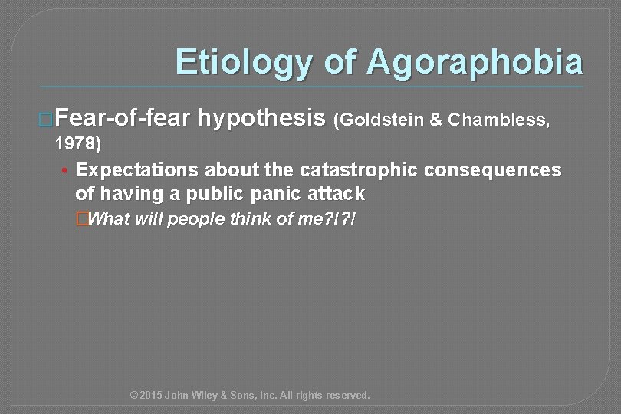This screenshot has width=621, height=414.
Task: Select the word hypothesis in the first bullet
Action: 261,119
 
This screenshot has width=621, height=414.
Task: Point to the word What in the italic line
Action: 110,220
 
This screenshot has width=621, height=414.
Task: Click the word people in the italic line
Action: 199,220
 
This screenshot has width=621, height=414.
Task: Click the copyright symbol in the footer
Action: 135,396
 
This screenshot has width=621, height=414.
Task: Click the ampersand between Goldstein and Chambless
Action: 434,120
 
